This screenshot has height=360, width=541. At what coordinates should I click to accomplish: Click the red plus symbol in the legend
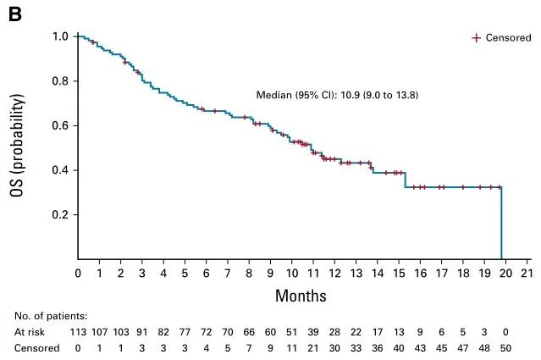[x=476, y=38]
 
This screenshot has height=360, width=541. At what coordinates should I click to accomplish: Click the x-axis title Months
[x=300, y=296]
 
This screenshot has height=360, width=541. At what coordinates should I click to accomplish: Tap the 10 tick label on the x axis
[x=292, y=274]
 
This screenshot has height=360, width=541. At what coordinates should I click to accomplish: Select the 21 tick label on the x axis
[x=527, y=274]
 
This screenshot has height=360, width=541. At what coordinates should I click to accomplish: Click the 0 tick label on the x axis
[x=78, y=274]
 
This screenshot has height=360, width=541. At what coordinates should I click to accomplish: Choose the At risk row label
[x=30, y=331]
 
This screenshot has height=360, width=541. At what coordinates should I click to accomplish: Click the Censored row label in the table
[x=36, y=347]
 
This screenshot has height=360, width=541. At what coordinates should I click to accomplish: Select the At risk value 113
[x=78, y=331]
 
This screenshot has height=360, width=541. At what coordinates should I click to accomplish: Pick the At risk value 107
[x=99, y=331]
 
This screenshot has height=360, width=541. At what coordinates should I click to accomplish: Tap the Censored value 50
[x=505, y=347]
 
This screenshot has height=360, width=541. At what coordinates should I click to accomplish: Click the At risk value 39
[x=313, y=331]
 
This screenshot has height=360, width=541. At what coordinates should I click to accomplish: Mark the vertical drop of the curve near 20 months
[x=502, y=224]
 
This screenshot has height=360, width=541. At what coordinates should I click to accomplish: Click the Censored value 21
[x=313, y=347]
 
